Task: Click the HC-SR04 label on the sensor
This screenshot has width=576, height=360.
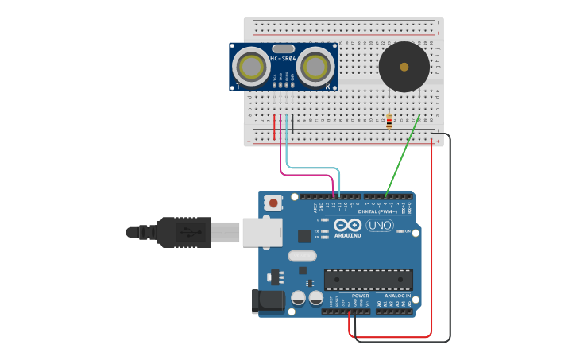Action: (x=283, y=58)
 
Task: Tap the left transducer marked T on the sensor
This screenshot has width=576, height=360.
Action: (x=253, y=67)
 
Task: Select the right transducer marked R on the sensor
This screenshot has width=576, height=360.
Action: (x=315, y=67)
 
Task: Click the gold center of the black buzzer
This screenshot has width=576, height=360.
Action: (x=404, y=67)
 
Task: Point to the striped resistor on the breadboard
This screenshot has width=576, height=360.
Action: (x=389, y=122)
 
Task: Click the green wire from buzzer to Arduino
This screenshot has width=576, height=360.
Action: (x=402, y=156)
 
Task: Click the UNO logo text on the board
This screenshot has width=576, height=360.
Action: (x=380, y=226)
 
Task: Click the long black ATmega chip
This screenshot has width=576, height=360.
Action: (x=368, y=280)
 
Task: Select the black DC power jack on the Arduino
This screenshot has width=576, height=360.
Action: (x=268, y=301)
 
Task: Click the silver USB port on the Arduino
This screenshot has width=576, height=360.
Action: (x=261, y=231)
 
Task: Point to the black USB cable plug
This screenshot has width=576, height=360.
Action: (x=184, y=232)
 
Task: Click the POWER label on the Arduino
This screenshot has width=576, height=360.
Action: (x=360, y=296)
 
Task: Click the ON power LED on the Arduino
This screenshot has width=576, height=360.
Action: (x=408, y=231)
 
